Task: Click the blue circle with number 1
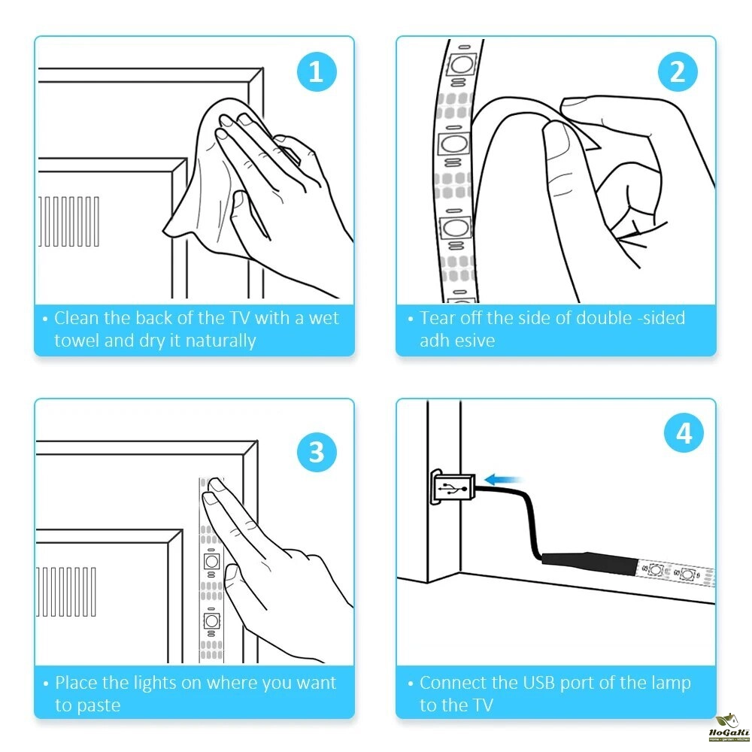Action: pyautogui.click(x=317, y=72)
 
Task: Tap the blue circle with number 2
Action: pyautogui.click(x=678, y=72)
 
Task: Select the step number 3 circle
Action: pyautogui.click(x=317, y=452)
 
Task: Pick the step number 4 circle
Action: pyautogui.click(x=684, y=433)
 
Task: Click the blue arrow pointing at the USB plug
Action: pyautogui.click(x=502, y=479)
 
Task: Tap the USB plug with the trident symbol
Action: pyautogui.click(x=453, y=488)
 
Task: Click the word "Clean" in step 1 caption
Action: pyautogui.click(x=77, y=318)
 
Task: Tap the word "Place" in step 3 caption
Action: pyautogui.click(x=77, y=683)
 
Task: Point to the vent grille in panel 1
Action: pyautogui.click(x=69, y=221)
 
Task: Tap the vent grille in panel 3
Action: pyautogui.click(x=66, y=592)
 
